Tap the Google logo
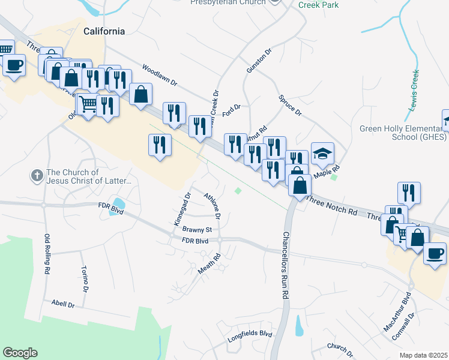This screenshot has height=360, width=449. coord(20,353)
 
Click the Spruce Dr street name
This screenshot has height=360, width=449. coord(289,105)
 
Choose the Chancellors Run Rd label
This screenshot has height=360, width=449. coord(286,266)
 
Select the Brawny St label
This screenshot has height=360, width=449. coord(197,229)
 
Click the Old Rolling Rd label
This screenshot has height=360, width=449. coord(46,254)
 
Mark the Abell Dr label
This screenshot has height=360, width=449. coord(62,304)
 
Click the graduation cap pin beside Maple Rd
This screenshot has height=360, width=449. coord(322,154)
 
